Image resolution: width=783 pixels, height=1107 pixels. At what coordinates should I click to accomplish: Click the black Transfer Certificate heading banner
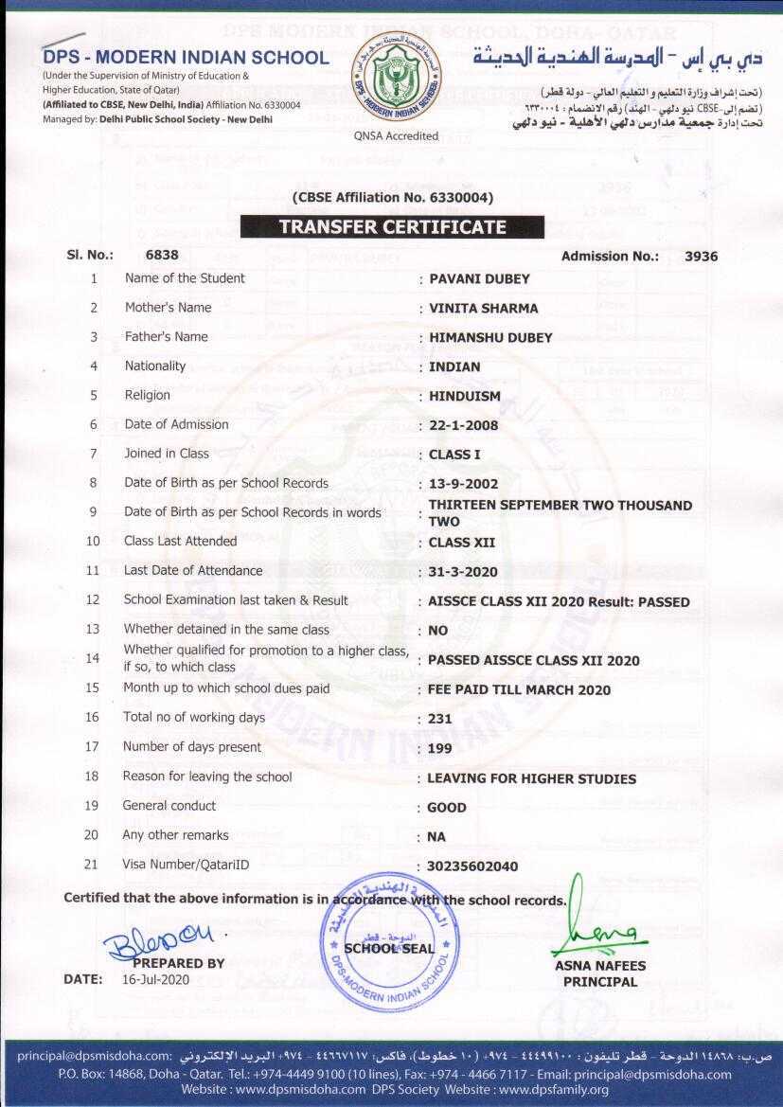pos(392,227)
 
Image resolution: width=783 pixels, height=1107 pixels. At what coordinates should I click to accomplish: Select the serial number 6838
pos(162,255)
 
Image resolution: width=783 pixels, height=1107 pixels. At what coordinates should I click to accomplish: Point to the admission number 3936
pos(701,256)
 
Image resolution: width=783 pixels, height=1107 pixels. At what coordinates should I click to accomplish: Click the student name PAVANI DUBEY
pos(479,278)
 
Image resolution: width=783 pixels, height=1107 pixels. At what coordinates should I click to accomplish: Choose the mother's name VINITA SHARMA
pos(483,308)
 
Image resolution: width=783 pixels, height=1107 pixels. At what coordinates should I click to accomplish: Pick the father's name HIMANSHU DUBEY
pos(490,337)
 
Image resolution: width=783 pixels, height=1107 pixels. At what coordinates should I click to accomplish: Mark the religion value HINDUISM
pos(465,396)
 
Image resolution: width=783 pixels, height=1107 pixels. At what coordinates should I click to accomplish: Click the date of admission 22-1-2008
pos(463,425)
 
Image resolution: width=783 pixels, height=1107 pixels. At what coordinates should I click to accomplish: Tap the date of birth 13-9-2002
pos(463,484)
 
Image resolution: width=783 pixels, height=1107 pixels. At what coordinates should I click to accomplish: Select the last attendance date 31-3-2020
pos(463,572)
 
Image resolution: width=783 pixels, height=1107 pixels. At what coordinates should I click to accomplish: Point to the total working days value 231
pos(440,719)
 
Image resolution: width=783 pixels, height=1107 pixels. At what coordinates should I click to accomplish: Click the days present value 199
pos(440,748)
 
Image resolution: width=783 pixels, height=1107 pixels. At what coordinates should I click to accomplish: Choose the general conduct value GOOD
pos(447,808)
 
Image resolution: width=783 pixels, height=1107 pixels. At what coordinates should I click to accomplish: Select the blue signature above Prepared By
pos(158,943)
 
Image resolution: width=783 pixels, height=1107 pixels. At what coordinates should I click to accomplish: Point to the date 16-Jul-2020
pos(156,979)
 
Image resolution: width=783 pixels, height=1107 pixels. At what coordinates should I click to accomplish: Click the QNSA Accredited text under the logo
pos(396,135)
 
